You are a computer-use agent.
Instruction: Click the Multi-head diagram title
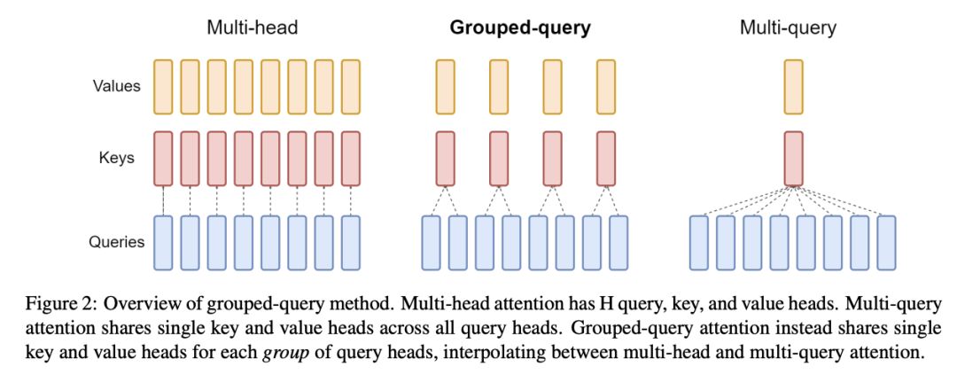252,27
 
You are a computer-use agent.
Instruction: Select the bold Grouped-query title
520,27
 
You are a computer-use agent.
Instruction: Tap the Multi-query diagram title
788,27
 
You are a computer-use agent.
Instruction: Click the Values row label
116,87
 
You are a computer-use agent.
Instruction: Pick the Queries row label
115,241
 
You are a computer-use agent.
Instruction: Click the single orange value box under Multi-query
793,87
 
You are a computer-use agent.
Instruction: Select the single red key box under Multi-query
793,159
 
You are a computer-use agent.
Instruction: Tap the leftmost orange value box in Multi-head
163,87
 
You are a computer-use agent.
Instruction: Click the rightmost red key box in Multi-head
351,159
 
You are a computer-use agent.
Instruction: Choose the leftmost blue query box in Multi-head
163,241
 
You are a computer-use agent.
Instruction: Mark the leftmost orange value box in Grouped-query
445,87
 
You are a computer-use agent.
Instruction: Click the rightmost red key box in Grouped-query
606,159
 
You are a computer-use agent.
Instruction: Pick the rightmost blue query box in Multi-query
886,241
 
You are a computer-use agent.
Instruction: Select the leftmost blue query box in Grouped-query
432,241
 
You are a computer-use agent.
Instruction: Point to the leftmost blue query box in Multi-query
699,241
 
